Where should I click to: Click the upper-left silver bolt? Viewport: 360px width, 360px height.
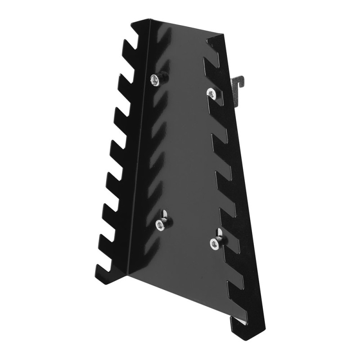[155, 80]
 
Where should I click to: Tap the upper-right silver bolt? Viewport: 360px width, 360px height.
[211, 93]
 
